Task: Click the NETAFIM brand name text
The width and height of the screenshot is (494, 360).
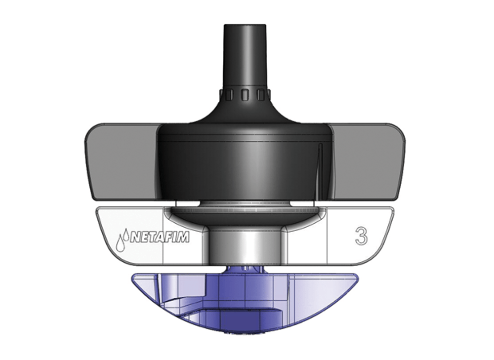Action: [x=159, y=238]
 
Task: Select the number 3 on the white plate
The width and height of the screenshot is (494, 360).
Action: [x=361, y=236]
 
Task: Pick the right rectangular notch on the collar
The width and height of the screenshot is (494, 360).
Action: [x=262, y=94]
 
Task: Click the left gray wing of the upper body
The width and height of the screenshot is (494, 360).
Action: [x=121, y=160]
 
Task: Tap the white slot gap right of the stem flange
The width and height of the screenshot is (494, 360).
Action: [x=305, y=203]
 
